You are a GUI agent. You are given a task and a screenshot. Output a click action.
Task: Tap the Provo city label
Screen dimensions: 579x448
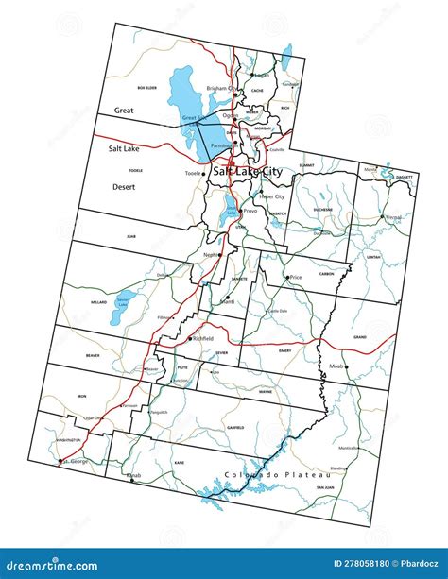(x=250, y=211)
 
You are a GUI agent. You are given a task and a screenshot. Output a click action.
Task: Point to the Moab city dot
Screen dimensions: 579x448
(x=346, y=366)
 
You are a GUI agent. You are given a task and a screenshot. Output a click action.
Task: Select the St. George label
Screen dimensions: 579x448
(x=75, y=461)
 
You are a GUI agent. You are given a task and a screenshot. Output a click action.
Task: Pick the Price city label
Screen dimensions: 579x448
(x=296, y=277)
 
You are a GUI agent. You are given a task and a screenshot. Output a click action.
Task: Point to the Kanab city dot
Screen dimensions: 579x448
(x=133, y=481)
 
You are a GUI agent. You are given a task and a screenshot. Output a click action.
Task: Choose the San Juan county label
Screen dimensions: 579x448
(x=325, y=487)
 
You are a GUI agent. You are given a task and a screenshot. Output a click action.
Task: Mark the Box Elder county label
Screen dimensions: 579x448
(x=146, y=88)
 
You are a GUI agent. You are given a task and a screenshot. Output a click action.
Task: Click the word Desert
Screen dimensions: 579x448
(x=124, y=187)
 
